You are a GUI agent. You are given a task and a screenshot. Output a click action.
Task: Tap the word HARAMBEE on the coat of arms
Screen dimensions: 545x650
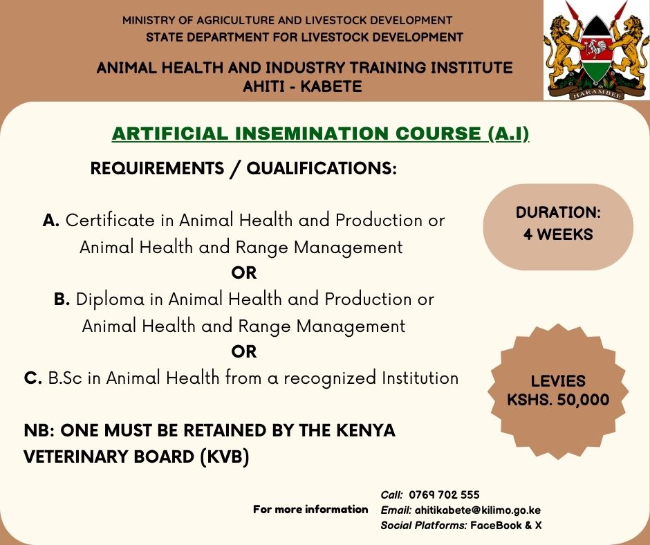(595, 92)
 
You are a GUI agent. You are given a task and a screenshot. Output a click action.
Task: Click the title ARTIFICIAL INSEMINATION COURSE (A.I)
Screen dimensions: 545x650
(320, 134)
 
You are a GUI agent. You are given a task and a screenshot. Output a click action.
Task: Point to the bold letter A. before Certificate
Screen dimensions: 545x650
(52, 221)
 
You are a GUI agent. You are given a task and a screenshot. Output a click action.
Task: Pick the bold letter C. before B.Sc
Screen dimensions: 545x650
(33, 378)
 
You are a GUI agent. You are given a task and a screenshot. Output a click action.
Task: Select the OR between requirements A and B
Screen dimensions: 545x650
(244, 273)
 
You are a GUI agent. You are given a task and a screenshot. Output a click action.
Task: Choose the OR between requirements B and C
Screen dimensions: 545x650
(244, 352)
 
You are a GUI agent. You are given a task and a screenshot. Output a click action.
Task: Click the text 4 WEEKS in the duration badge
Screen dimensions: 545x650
(558, 234)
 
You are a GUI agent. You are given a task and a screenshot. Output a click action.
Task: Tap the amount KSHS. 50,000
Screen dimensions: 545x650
(558, 400)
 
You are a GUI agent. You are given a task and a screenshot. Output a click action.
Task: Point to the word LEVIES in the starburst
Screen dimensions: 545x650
(558, 381)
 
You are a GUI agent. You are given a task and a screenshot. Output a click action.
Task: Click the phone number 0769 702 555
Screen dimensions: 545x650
(444, 495)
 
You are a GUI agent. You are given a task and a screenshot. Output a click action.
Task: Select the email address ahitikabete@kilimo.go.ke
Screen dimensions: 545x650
(477, 510)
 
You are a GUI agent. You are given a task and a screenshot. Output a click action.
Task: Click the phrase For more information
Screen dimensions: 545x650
(310, 510)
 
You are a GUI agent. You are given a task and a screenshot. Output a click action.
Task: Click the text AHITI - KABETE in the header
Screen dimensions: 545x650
(304, 86)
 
